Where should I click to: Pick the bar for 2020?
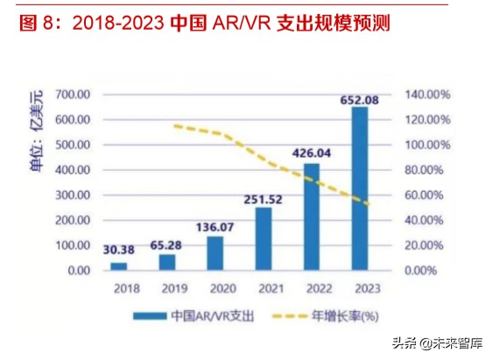(x=215, y=253)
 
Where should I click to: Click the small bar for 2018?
(x=119, y=265)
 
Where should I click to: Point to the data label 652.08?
(x=360, y=100)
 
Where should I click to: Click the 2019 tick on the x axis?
(x=167, y=287)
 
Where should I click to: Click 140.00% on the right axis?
(x=427, y=94)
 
